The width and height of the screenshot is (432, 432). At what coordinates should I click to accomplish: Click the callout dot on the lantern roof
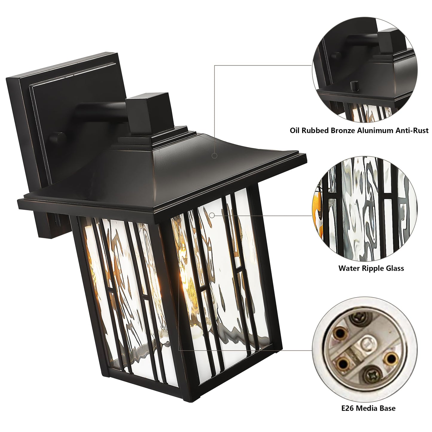[x=214, y=155]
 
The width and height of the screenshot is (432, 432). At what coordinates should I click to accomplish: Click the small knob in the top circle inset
[x=354, y=86]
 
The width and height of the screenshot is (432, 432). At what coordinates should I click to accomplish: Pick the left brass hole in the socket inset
[x=341, y=332]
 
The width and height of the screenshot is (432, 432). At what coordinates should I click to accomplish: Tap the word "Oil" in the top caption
[x=295, y=131]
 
